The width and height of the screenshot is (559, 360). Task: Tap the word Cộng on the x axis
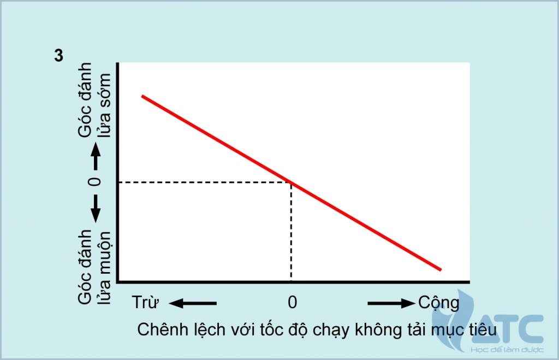[x=438, y=302]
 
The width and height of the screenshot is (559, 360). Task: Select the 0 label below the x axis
[x=293, y=302]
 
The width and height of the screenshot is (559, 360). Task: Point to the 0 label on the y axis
[x=96, y=182]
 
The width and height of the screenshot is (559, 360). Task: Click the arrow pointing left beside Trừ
[x=193, y=303]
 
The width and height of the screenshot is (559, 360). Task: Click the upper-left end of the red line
[x=143, y=96]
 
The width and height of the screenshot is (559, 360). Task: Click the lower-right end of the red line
[x=439, y=269]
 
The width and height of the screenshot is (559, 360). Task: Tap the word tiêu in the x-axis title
[x=481, y=330]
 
